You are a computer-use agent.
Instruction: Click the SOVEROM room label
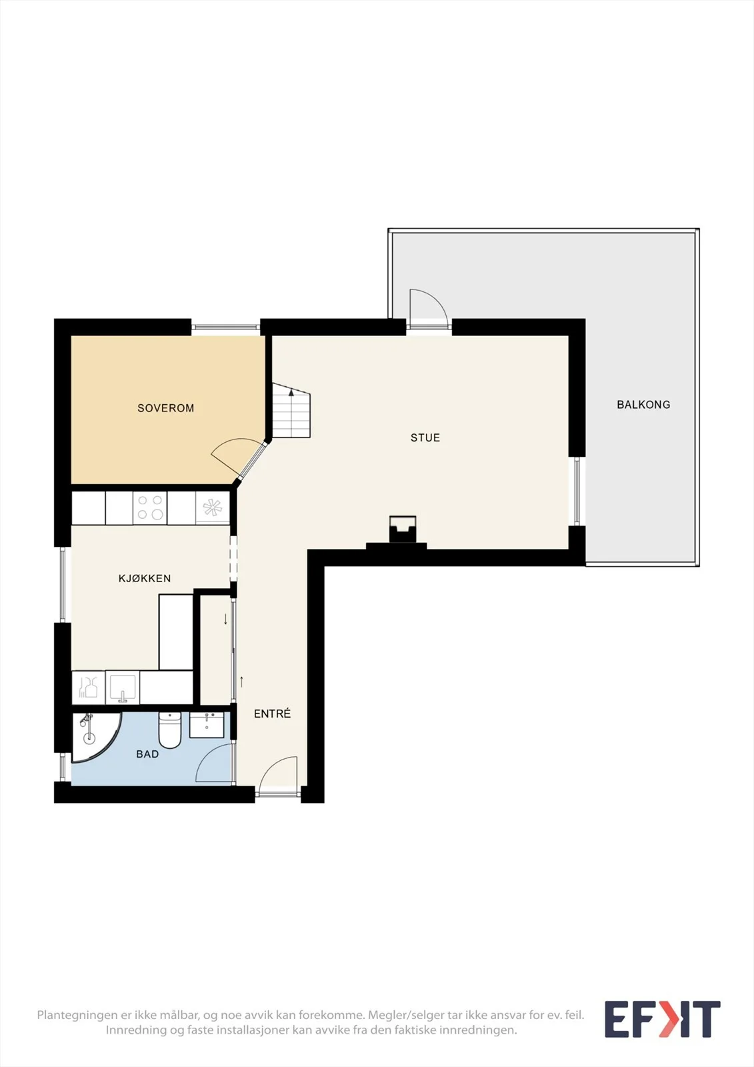(x=165, y=408)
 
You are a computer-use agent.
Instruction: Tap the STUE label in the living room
(x=425, y=437)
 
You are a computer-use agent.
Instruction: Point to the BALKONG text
(x=643, y=404)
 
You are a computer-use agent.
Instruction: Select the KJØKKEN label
(x=144, y=578)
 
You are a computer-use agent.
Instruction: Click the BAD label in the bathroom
(x=147, y=754)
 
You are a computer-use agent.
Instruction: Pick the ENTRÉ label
(x=272, y=714)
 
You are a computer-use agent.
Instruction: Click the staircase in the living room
(x=291, y=410)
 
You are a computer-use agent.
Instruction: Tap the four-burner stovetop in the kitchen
(x=150, y=508)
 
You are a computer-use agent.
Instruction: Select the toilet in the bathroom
(x=169, y=730)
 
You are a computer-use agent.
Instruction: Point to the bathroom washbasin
(x=207, y=725)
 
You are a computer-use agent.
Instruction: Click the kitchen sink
(x=123, y=688)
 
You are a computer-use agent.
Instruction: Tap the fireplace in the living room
(x=403, y=529)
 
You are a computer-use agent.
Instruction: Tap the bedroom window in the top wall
(x=225, y=327)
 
